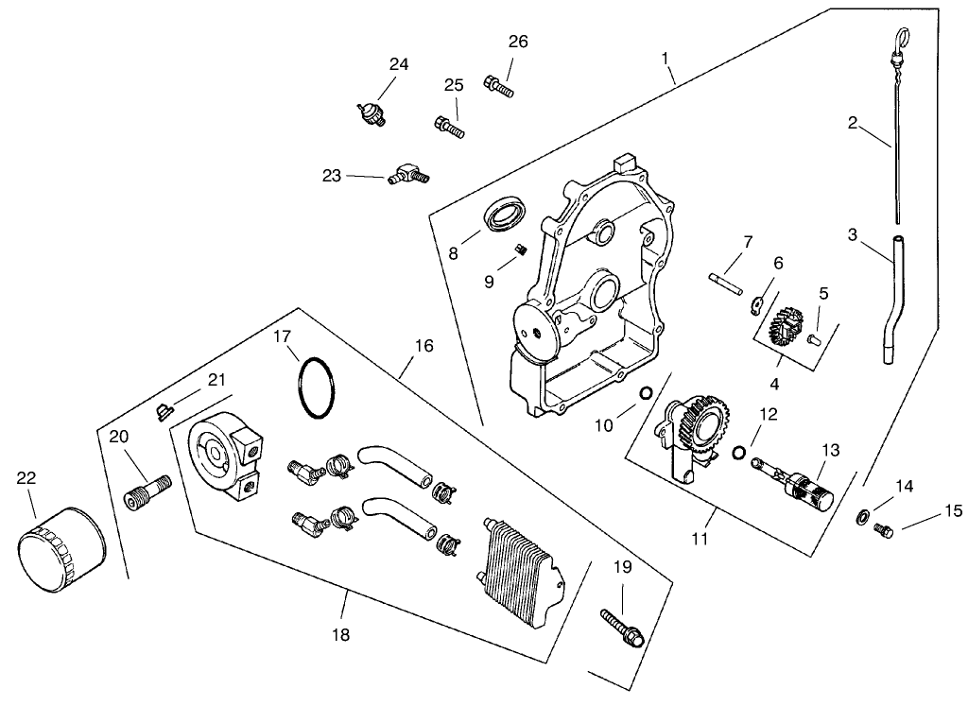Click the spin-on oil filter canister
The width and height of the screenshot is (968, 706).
point(59,548)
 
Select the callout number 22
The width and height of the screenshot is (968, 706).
point(26,479)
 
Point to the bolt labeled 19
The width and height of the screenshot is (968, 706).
point(623,627)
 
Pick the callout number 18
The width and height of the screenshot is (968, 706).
point(340,635)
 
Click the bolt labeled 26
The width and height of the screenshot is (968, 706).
point(497,86)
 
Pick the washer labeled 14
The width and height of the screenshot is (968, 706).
point(862,517)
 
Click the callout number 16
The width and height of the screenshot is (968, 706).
point(423,346)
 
